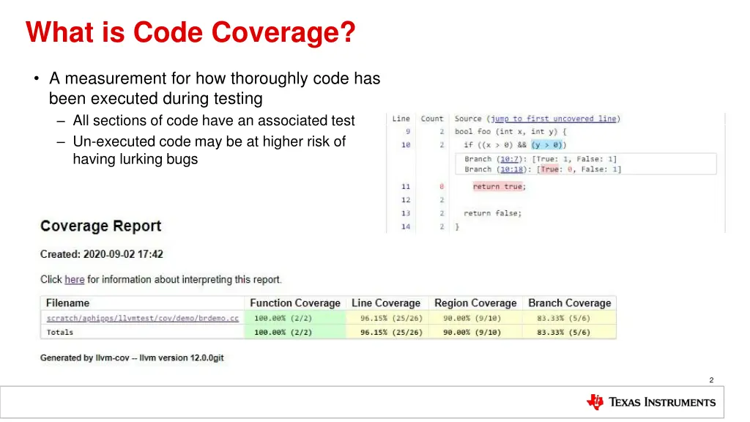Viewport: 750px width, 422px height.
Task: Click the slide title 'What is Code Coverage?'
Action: click(190, 32)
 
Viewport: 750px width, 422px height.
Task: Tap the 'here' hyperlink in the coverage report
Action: click(74, 279)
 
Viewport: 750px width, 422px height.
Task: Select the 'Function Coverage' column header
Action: click(295, 303)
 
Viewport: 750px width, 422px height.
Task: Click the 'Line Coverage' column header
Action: click(386, 303)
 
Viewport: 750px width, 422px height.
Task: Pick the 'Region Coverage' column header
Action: click(475, 303)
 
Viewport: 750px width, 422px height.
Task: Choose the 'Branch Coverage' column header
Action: click(569, 303)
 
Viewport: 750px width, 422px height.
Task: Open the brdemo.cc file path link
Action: click(142, 318)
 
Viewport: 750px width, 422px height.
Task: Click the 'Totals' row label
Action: click(60, 332)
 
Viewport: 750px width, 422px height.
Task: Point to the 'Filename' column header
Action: click(67, 303)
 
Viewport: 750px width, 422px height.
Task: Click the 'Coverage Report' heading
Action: click(101, 226)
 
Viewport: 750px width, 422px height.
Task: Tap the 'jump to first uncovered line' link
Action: click(554, 119)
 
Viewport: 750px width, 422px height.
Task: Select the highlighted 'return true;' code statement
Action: click(500, 187)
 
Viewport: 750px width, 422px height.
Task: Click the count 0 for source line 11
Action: click(442, 187)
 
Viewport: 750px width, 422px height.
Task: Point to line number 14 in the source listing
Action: click(406, 227)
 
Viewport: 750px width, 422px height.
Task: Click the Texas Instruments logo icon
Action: click(595, 401)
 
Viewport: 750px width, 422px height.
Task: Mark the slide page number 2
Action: click(711, 380)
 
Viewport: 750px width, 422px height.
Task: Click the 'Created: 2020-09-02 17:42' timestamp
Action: click(102, 254)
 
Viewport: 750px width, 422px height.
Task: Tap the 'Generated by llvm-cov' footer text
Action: click(132, 358)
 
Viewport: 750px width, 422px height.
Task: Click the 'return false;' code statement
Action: click(492, 213)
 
